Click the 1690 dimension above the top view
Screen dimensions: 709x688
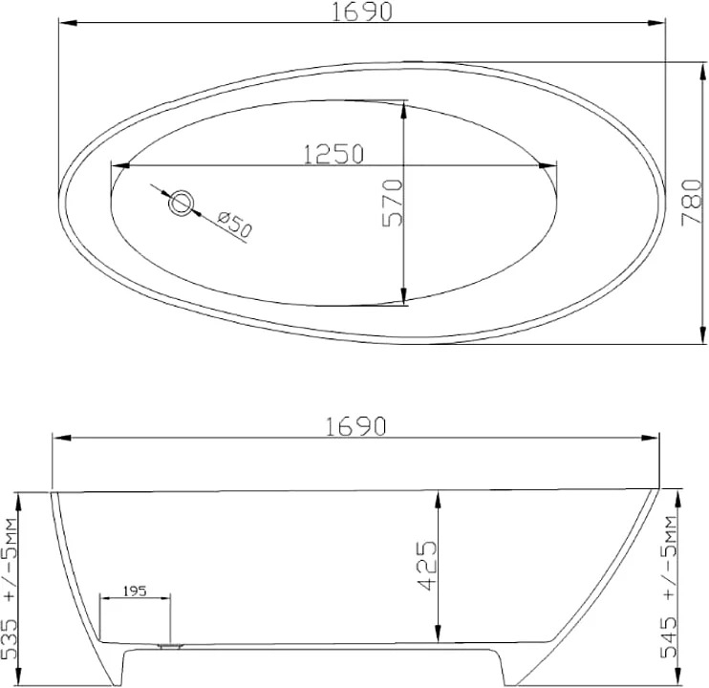click(x=362, y=12)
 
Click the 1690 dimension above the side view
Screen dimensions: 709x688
click(x=355, y=426)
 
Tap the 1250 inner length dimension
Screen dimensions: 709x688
click(x=333, y=154)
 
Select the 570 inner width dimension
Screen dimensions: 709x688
click(x=392, y=203)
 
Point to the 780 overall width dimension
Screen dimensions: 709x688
click(x=692, y=202)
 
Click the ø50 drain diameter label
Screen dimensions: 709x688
click(x=233, y=225)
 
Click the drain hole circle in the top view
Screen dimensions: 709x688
click(x=182, y=203)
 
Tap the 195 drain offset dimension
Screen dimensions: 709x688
click(x=135, y=591)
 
